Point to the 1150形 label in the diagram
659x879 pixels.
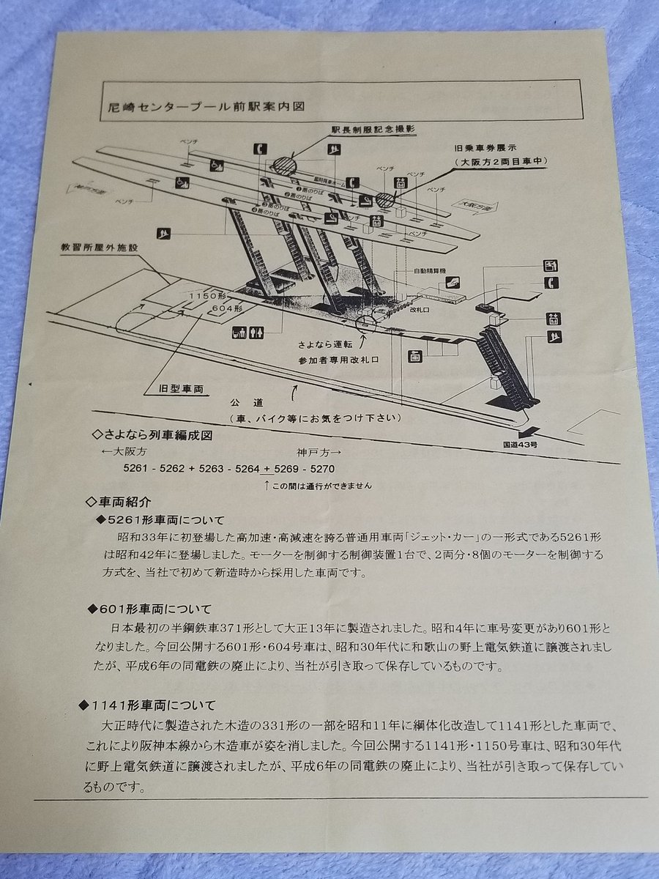205,295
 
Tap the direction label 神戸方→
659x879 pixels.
314,453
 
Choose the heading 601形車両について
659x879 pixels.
161,609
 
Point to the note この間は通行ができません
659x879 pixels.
323,486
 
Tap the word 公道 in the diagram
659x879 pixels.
244,403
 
